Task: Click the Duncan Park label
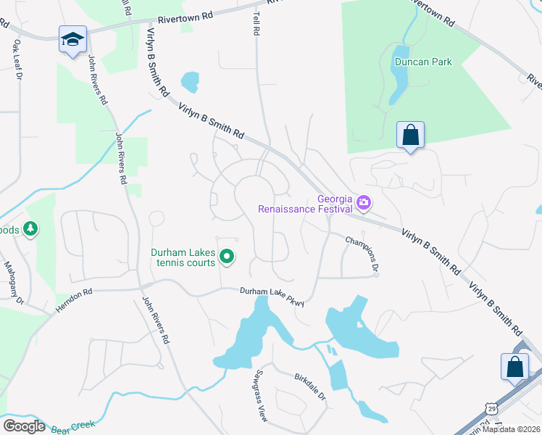[x=423, y=62]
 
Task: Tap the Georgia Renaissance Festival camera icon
[x=364, y=202]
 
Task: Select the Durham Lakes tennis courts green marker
[x=227, y=256]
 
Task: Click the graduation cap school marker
[x=72, y=39]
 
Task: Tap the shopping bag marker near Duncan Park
[x=410, y=135]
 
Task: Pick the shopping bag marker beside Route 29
[x=514, y=367]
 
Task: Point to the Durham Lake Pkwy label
[x=272, y=297]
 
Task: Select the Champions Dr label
[x=362, y=254]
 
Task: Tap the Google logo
[x=24, y=426]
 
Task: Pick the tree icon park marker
[x=30, y=230]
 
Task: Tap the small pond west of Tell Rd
[x=190, y=82]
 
